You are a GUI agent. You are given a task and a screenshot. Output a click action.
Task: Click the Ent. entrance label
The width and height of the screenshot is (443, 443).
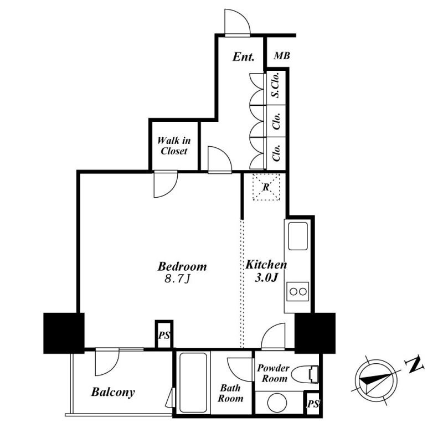(244, 56)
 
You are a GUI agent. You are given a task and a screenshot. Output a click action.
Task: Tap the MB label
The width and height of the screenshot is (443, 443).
(282, 56)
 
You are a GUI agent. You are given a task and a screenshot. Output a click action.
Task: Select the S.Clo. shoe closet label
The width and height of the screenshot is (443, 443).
(276, 85)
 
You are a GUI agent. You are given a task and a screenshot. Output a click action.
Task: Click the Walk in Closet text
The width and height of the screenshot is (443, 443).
(174, 146)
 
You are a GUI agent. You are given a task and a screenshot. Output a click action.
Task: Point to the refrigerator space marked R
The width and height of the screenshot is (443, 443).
(266, 187)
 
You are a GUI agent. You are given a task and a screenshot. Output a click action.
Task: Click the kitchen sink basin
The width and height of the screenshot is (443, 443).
(298, 236)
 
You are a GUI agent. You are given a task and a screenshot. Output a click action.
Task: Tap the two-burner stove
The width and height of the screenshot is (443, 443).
(298, 292)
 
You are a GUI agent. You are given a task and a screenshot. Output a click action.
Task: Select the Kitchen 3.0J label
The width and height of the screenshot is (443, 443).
(266, 271)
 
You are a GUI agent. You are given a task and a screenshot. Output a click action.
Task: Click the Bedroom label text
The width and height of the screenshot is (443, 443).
(182, 266)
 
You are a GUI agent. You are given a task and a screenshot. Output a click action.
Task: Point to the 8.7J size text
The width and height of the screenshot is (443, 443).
(177, 279)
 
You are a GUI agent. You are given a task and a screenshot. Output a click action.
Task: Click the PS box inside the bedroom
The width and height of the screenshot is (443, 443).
(164, 335)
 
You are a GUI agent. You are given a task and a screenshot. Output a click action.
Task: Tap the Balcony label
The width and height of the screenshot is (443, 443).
(113, 392)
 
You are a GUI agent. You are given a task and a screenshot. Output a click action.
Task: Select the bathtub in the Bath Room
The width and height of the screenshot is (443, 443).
(193, 382)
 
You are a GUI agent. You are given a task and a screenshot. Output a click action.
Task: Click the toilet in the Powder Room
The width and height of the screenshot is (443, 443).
(305, 374)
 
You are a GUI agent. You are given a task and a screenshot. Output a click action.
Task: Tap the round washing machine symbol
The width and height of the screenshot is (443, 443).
(277, 403)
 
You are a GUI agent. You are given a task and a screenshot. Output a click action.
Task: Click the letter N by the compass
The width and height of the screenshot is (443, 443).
(415, 366)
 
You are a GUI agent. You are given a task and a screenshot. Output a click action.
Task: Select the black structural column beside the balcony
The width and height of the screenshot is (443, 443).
(64, 333)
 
